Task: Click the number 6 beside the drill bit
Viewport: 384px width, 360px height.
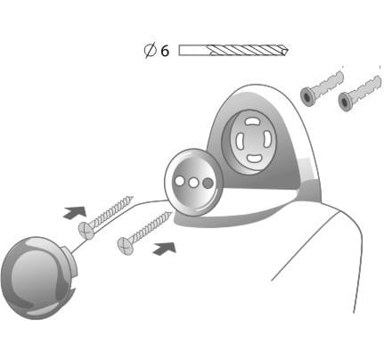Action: [165, 51]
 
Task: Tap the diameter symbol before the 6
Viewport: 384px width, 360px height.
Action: [151, 50]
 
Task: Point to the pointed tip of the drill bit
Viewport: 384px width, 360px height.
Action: [288, 51]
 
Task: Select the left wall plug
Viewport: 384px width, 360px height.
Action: [322, 88]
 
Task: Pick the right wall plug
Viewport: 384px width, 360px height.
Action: [359, 93]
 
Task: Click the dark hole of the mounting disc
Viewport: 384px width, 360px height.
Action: [208, 183]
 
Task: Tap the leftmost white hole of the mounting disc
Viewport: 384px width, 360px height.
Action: [179, 181]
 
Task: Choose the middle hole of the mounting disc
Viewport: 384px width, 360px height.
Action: [193, 183]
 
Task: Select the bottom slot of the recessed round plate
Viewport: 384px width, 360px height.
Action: [254, 159]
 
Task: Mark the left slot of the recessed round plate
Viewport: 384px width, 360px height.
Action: [240, 140]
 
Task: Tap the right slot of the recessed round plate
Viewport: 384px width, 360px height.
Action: [267, 139]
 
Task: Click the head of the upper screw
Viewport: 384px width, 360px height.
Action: [86, 231]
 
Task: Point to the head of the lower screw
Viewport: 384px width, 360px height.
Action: [126, 245]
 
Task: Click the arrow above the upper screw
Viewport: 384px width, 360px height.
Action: [75, 212]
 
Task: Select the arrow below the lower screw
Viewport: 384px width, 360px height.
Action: [164, 248]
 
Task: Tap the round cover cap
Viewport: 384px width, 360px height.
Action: [38, 278]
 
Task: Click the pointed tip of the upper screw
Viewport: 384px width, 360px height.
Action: [133, 197]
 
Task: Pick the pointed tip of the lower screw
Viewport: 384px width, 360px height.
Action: [171, 212]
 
